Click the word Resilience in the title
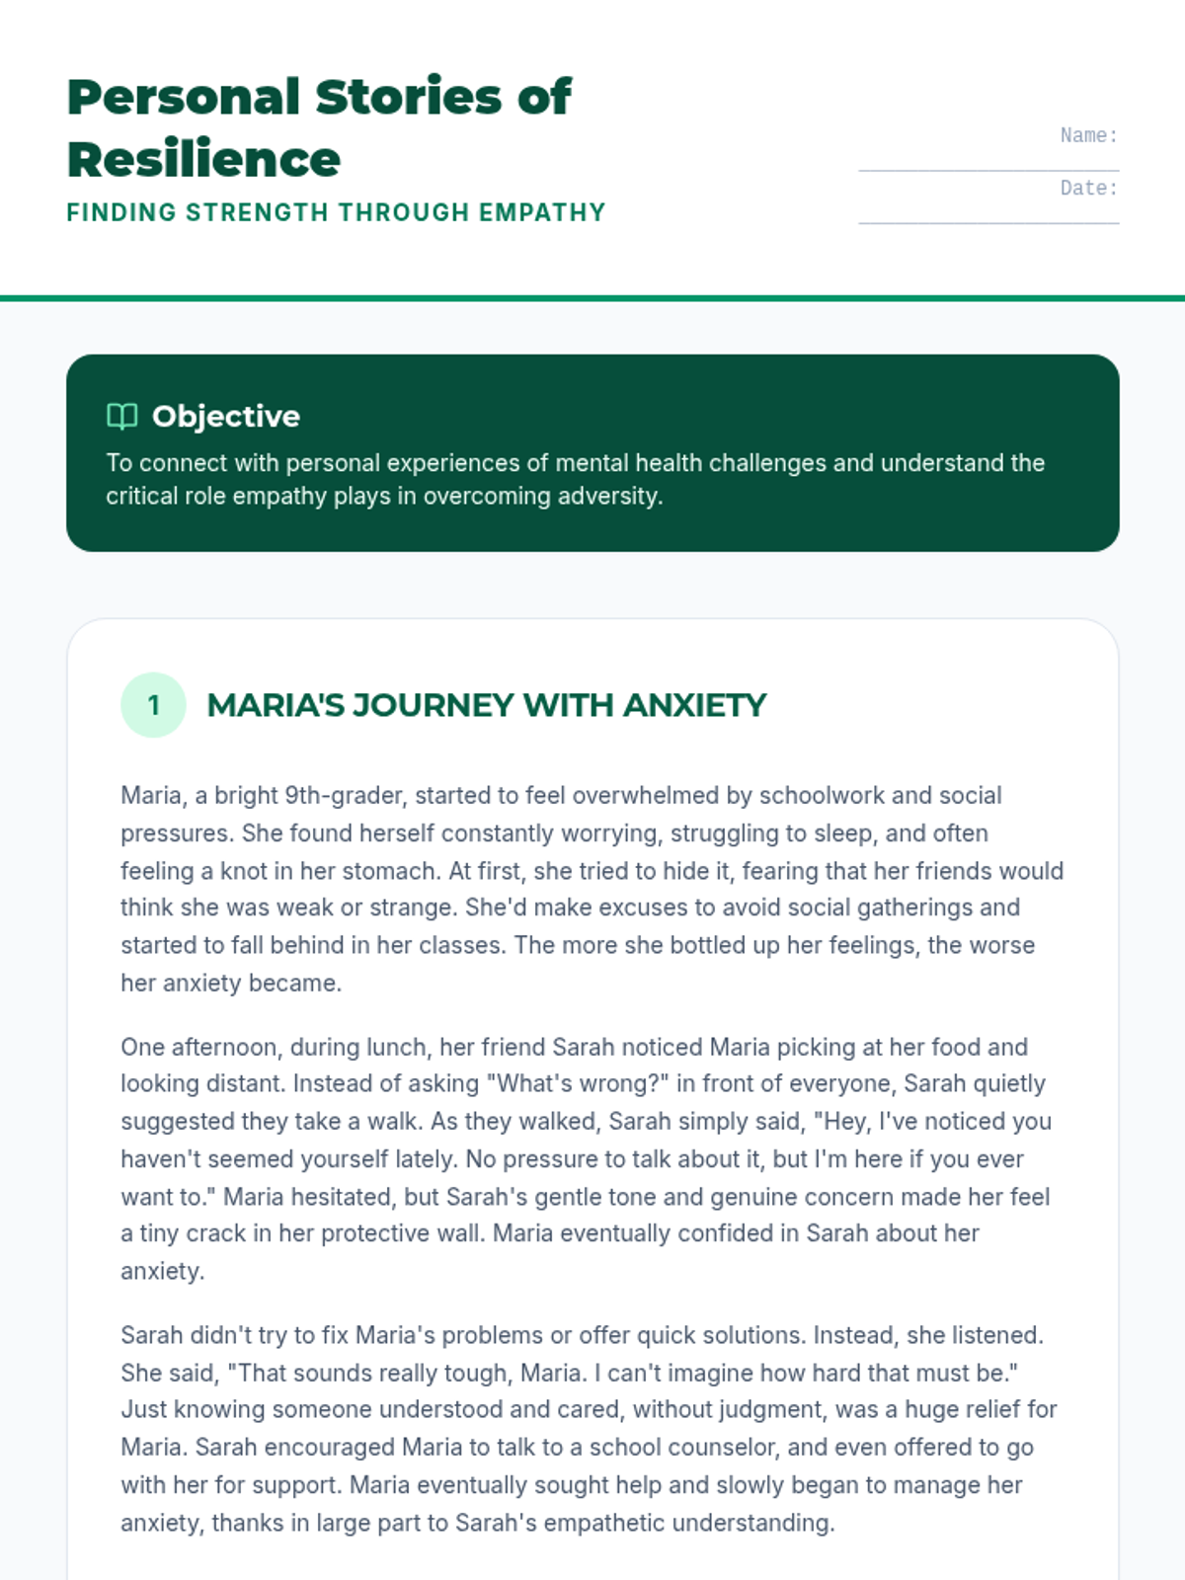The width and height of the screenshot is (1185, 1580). (x=203, y=160)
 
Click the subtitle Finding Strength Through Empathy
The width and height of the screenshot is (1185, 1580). (x=336, y=212)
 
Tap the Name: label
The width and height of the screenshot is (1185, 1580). (x=1088, y=135)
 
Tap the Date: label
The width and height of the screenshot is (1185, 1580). (x=1088, y=188)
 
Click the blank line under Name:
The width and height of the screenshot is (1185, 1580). (x=988, y=169)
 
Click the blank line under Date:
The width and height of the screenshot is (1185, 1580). (x=988, y=221)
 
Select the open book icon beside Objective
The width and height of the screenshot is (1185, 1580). (x=121, y=416)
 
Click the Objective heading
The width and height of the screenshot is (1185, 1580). (x=226, y=416)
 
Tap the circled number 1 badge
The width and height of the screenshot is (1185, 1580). (x=153, y=705)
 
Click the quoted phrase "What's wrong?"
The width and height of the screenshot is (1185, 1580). (x=577, y=1083)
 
